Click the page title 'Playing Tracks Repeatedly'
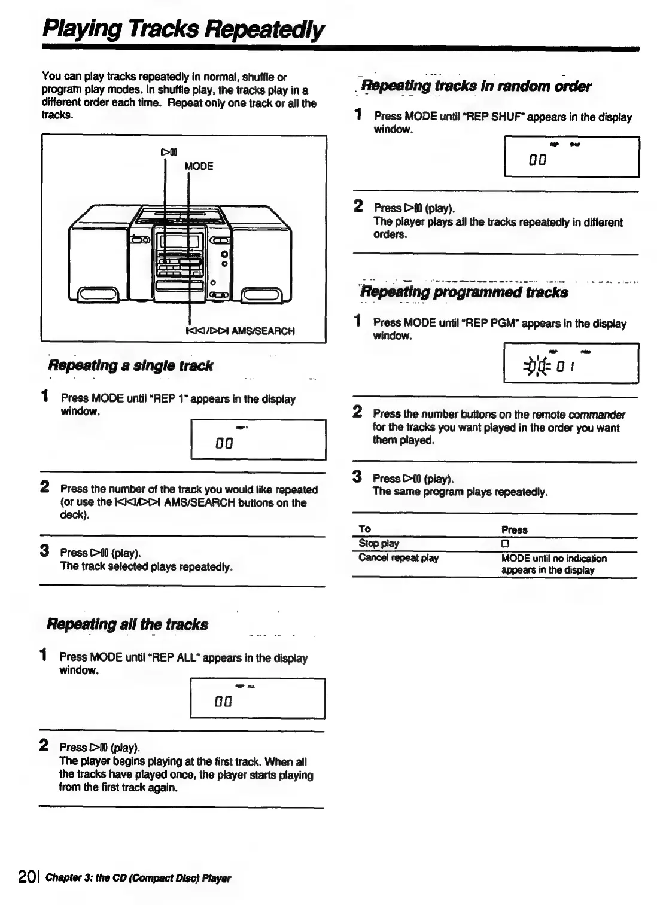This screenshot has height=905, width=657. (x=184, y=29)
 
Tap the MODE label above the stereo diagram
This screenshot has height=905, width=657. (x=199, y=166)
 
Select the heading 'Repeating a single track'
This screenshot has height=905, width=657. (x=130, y=366)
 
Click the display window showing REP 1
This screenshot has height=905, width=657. (x=258, y=440)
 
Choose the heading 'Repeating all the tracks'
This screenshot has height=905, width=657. (x=127, y=625)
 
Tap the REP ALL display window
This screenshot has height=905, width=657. (x=257, y=698)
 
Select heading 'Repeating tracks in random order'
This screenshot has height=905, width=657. (x=476, y=86)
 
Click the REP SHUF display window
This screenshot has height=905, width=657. (x=571, y=157)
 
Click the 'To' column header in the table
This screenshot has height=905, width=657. (x=364, y=529)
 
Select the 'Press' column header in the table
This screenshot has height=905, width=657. (x=514, y=529)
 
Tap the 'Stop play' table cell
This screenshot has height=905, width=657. (x=378, y=543)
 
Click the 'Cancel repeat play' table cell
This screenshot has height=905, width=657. (x=398, y=558)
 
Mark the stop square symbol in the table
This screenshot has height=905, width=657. (x=505, y=544)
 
